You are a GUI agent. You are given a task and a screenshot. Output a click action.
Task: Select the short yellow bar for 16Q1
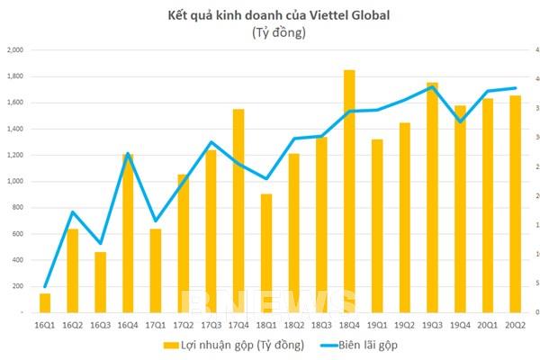click(45, 302)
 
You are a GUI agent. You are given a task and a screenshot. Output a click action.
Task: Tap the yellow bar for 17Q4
click(238, 211)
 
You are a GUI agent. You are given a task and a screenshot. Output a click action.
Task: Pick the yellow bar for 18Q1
click(265, 253)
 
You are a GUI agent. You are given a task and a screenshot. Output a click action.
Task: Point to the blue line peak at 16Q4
click(128, 154)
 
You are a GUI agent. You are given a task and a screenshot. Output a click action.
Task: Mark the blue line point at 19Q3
click(432, 86)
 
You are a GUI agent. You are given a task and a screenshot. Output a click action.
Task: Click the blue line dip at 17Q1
click(156, 220)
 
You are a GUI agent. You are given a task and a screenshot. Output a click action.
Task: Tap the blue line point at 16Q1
click(45, 286)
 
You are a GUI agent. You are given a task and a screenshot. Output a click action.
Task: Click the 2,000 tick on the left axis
click(17, 50)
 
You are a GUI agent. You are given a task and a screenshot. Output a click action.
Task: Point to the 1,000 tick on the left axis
click(17, 182)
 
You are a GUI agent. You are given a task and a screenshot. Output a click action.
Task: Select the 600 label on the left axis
click(20, 234)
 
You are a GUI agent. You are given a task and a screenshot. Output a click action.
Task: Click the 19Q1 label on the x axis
click(377, 324)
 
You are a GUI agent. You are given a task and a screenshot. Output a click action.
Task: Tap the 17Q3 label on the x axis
click(211, 324)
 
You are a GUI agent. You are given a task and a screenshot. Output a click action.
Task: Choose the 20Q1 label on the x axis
click(488, 324)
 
